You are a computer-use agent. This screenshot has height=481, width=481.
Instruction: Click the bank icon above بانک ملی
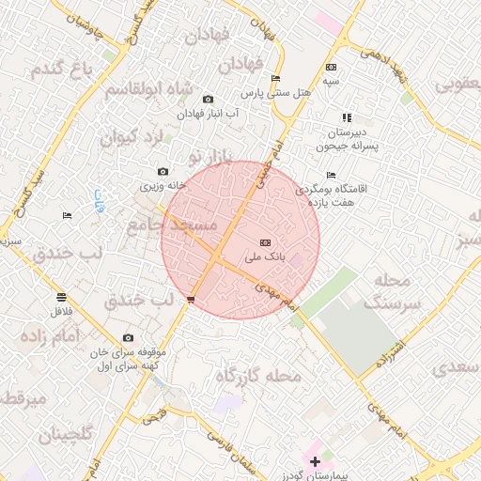click(264, 241)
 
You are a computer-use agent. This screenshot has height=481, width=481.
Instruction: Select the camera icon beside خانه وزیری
click(163, 171)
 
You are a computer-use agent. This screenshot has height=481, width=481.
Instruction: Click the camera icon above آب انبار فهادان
click(208, 99)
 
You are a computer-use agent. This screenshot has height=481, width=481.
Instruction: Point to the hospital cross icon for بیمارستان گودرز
click(315, 461)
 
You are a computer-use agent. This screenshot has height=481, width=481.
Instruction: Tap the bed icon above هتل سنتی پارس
click(275, 78)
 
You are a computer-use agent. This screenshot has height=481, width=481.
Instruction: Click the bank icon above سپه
click(331, 67)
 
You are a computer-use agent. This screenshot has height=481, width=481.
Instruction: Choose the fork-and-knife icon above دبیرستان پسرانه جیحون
click(347, 117)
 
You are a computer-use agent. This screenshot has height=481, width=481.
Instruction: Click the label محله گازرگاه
click(258, 376)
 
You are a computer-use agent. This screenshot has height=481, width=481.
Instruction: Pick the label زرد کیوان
click(132, 137)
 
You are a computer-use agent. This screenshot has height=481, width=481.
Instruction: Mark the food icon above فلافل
click(61, 297)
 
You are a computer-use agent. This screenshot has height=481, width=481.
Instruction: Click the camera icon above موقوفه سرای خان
click(128, 338)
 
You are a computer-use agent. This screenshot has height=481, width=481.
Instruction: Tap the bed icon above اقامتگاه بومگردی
click(330, 175)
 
